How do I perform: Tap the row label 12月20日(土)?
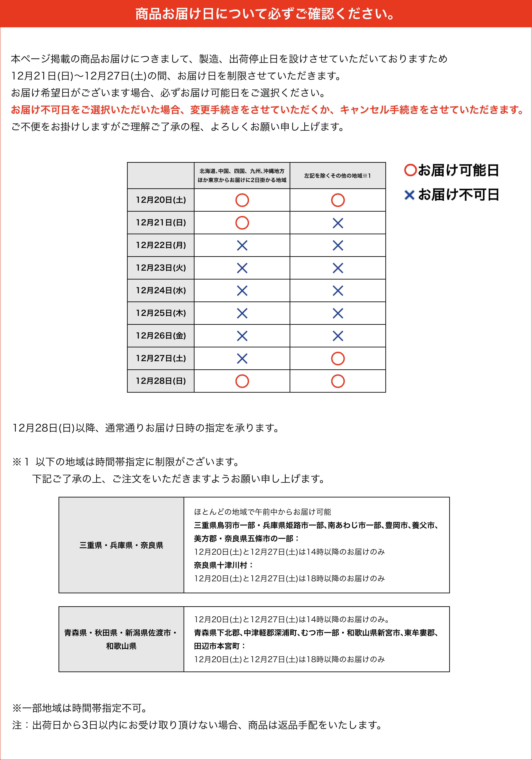[161, 200]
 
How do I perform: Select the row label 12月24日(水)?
[161, 290]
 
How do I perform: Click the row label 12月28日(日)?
[161, 381]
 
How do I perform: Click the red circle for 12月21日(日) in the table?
[242, 223]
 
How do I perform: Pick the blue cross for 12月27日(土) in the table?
[242, 359]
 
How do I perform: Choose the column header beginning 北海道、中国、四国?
[242, 175]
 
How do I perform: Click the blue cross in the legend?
[409, 195]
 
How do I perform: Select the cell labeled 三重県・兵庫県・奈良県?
[121, 545]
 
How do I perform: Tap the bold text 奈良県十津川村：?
[224, 565]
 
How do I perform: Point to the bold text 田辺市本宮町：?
[220, 646]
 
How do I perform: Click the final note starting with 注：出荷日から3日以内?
[198, 725]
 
